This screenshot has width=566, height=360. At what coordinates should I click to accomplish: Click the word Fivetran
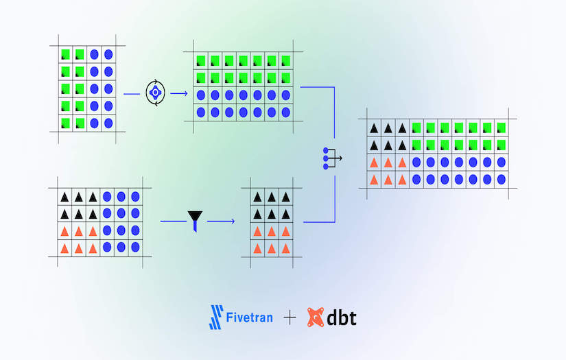[x=250, y=318]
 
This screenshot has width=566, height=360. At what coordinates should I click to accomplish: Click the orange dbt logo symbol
[x=316, y=317]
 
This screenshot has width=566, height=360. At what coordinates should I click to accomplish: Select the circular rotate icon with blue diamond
[x=156, y=93]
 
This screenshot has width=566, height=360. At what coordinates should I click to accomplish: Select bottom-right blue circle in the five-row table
[x=108, y=123]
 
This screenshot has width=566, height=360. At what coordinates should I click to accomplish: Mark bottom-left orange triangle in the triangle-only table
[x=258, y=247]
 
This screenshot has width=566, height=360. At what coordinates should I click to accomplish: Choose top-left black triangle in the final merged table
[x=374, y=127]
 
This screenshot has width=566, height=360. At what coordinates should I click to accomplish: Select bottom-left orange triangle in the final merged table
[x=374, y=179]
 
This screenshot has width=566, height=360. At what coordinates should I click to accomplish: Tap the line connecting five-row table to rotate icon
[x=131, y=93]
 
